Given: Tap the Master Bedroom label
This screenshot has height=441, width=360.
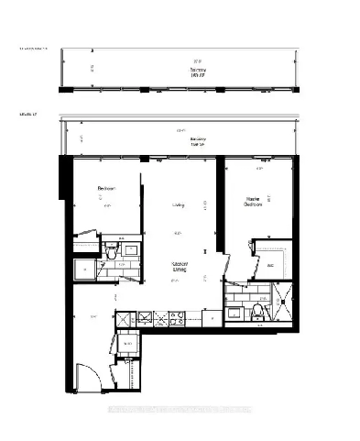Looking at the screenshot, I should coord(254,202).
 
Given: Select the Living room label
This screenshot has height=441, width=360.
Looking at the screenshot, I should coord(177,205).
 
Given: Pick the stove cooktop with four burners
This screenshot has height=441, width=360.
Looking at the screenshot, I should coord(174,319).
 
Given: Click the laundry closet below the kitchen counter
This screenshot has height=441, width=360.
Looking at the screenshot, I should coord(125,345).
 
